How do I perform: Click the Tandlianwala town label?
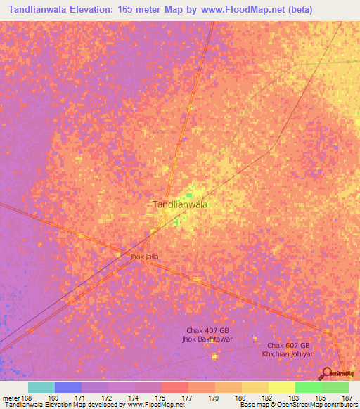tap(180, 204)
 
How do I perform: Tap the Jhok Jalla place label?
tap(144, 257)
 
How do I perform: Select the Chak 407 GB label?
tap(207, 330)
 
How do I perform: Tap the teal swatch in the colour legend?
tap(41, 387)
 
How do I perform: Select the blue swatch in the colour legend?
tap(67, 387)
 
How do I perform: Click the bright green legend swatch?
tap(308, 387)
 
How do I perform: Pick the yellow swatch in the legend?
tap(281, 387)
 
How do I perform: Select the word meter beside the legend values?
tap(10, 397)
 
